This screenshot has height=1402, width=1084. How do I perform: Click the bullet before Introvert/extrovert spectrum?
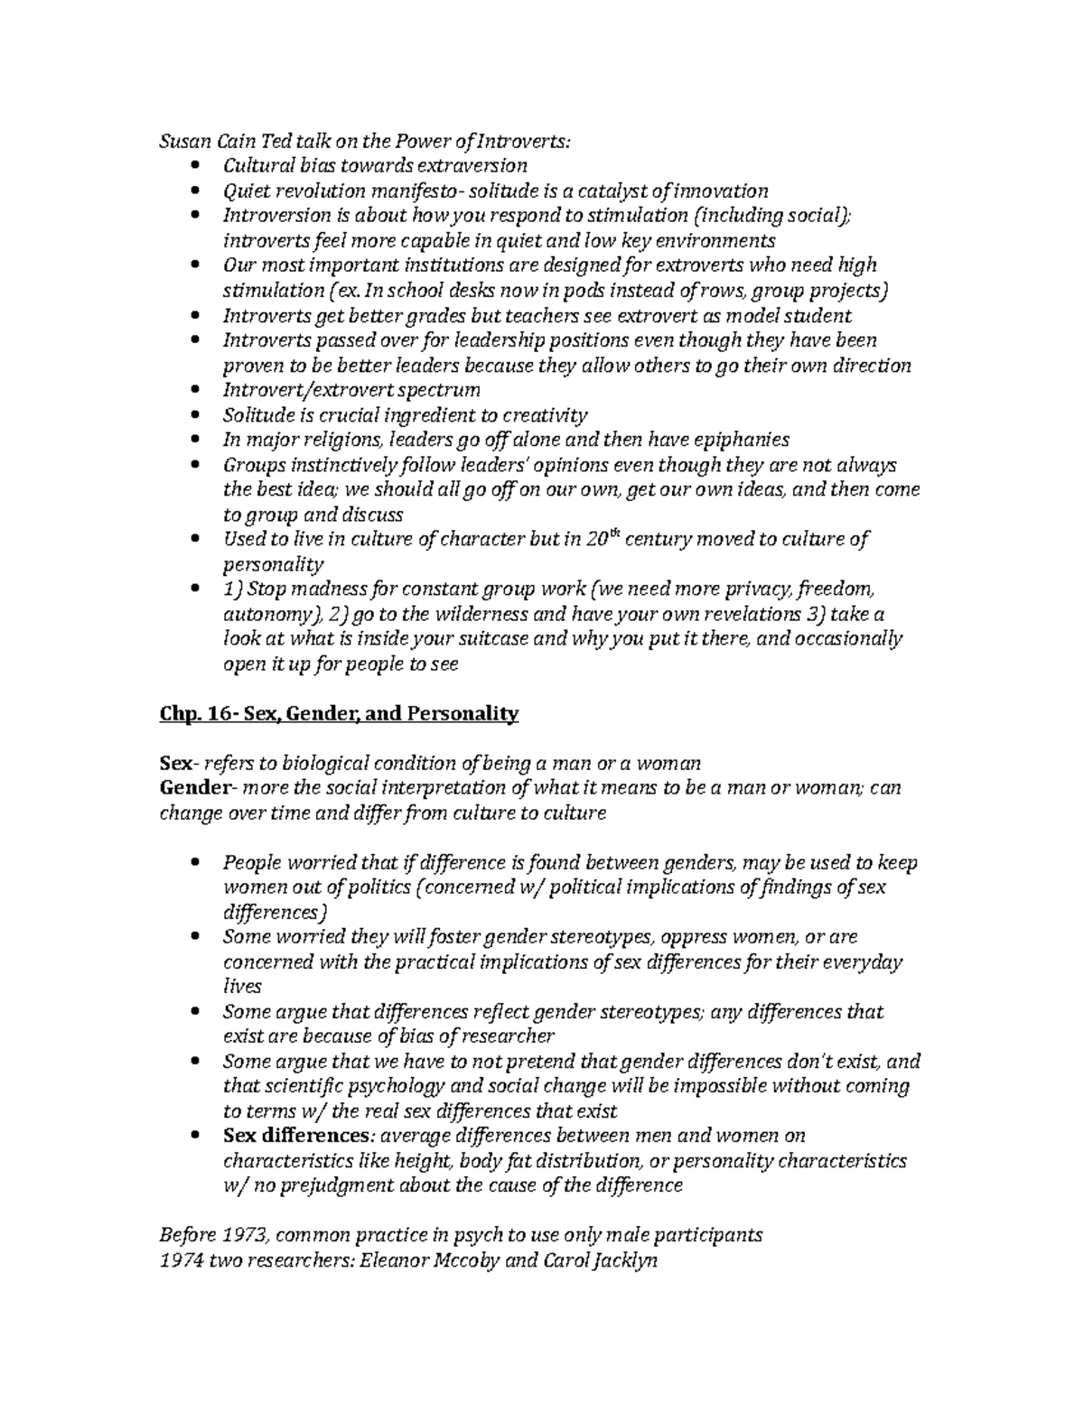coord(198,391)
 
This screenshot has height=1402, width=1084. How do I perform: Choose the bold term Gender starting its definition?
coord(194,787)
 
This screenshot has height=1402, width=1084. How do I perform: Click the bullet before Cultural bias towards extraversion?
coord(198,166)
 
